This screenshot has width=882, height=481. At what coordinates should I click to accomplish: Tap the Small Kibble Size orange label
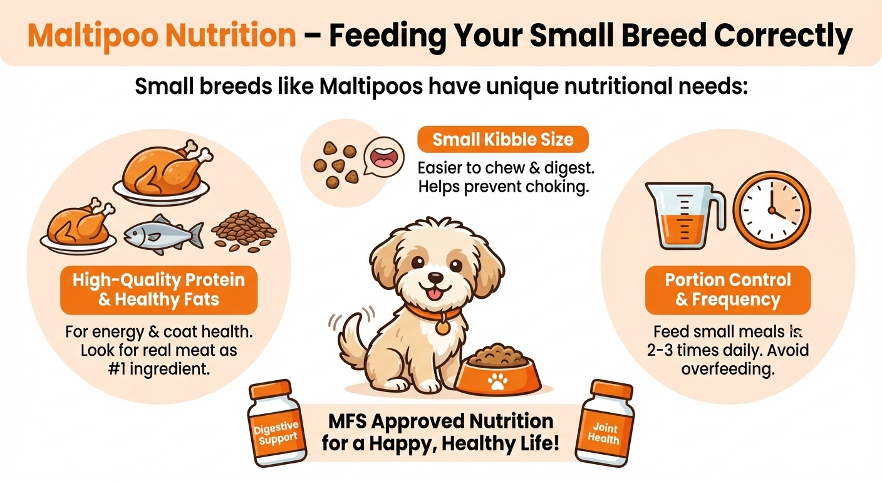[x=503, y=139]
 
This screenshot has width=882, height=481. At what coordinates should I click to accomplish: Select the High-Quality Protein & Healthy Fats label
[x=158, y=289]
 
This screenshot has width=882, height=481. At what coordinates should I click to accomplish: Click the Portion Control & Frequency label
[x=728, y=290]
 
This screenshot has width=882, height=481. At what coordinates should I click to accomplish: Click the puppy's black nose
[x=436, y=277]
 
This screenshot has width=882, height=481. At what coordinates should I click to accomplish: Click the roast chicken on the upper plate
[x=161, y=169]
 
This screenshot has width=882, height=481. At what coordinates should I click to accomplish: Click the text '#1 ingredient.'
[x=158, y=369]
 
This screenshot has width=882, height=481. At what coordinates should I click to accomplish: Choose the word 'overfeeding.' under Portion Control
[x=728, y=368]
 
